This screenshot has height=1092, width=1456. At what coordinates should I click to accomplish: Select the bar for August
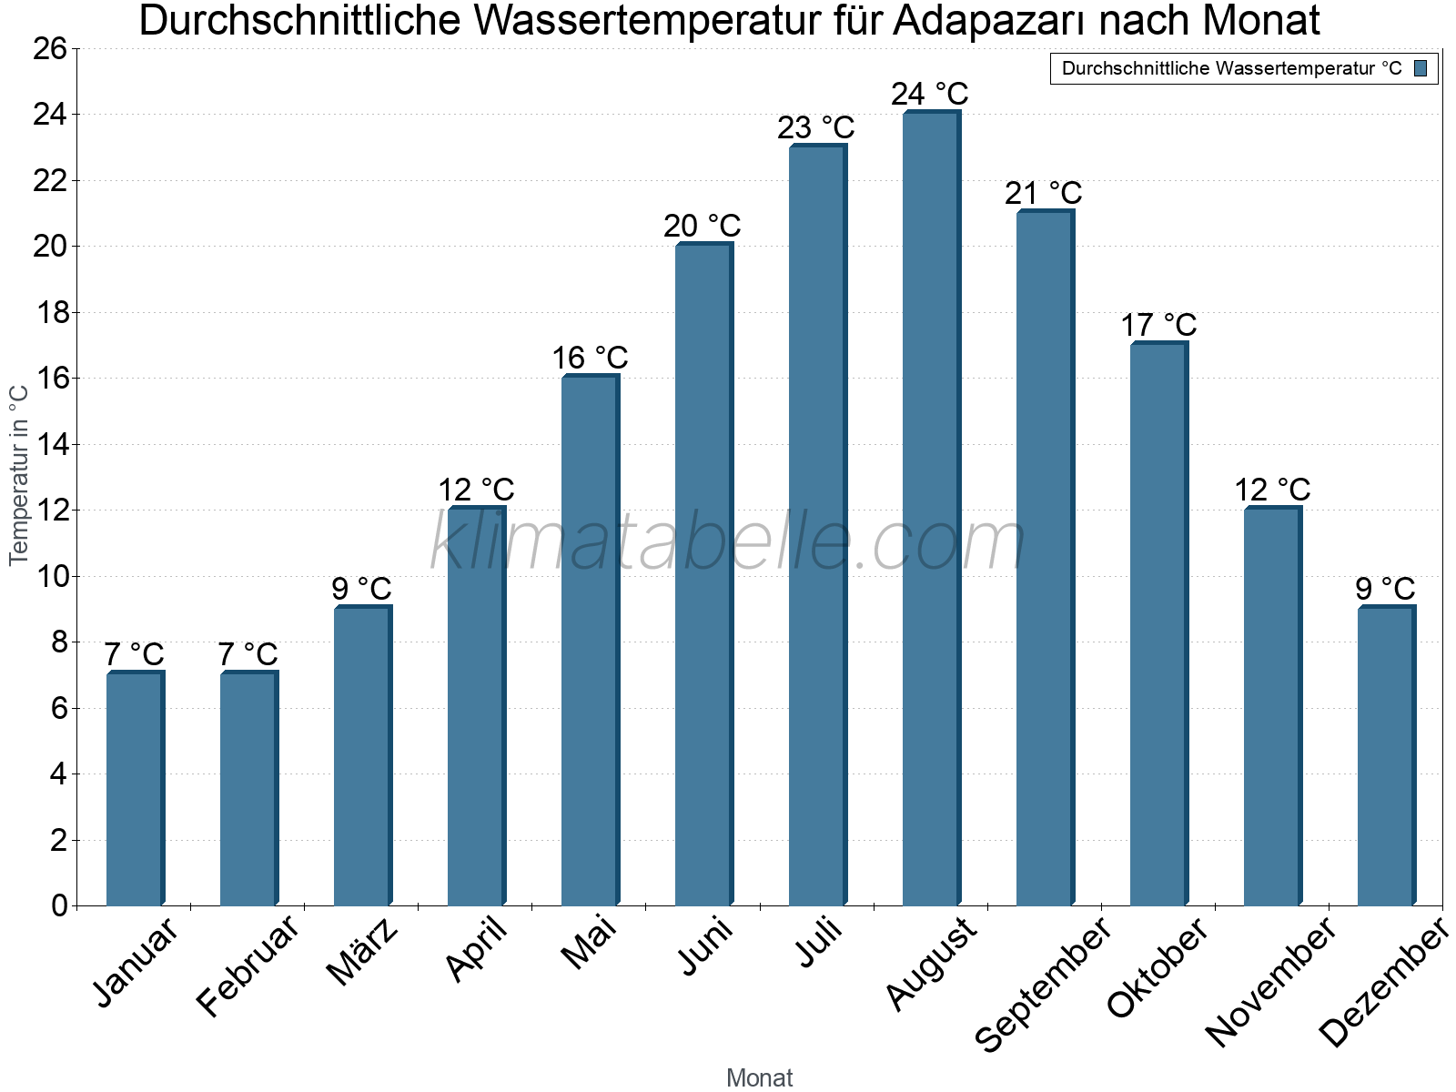tap(930, 510)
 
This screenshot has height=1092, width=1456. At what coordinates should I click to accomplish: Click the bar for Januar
tap(135, 790)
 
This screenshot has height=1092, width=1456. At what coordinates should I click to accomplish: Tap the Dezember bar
tap(1385, 757)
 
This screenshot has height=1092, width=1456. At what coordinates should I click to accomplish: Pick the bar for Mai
tap(590, 642)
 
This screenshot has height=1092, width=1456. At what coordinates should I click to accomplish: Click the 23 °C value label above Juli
tap(815, 127)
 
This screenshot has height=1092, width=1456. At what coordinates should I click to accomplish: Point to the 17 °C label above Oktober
tap(1158, 325)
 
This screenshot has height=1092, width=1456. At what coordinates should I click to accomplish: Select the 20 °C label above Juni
tap(702, 226)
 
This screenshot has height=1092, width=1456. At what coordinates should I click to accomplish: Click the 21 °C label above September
tap(1043, 193)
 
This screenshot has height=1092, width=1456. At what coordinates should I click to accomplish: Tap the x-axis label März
tap(362, 952)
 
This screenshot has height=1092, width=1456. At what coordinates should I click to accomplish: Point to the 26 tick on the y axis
tap(51, 48)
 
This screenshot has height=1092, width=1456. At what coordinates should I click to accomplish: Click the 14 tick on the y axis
tap(51, 445)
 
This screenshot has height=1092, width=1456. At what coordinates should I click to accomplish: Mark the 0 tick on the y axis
tap(60, 905)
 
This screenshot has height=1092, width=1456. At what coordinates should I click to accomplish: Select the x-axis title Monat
tap(759, 1077)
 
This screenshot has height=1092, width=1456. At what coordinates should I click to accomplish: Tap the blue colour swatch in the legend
tap(1421, 68)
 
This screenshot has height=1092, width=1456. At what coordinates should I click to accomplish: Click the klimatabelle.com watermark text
tap(728, 542)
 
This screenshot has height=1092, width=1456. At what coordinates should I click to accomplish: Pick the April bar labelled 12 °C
tap(475, 707)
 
